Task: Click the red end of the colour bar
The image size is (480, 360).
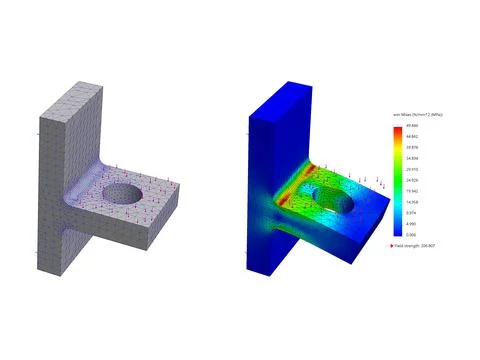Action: tap(397, 129)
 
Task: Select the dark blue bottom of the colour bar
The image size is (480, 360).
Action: tap(397, 232)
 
